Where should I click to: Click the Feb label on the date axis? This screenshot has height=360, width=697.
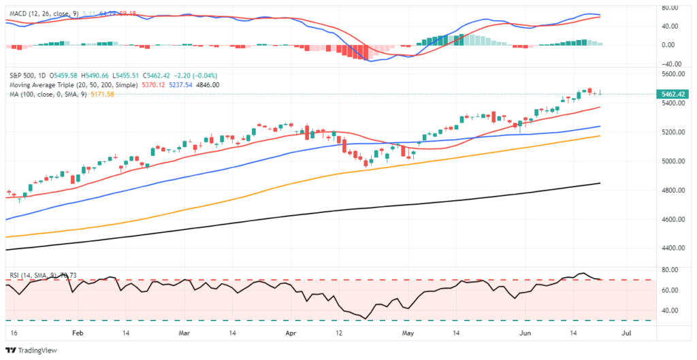(x=78, y=335)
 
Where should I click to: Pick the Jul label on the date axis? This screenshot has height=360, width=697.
(x=627, y=335)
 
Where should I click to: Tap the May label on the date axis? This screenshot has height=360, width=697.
(x=408, y=335)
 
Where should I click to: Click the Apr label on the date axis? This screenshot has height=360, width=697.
(x=292, y=335)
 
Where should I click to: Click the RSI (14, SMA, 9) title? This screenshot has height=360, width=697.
(x=33, y=275)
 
